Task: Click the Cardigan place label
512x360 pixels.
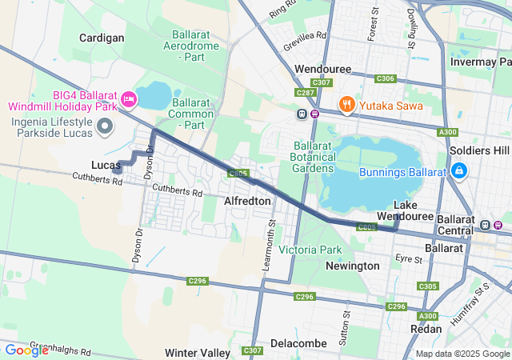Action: click(102, 38)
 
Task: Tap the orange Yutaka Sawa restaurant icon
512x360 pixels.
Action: click(346, 102)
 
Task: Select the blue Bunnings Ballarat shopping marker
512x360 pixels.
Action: click(459, 171)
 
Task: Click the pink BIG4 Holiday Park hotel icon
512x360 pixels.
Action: click(129, 99)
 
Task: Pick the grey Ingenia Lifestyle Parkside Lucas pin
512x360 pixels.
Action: click(105, 126)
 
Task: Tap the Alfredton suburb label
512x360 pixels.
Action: click(247, 201)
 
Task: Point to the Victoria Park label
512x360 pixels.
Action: click(310, 250)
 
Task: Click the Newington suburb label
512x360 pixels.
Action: click(352, 266)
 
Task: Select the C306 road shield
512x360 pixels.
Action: click(385, 78)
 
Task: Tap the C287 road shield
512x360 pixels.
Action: click(305, 94)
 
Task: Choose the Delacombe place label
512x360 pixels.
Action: click(298, 343)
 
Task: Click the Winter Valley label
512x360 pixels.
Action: click(198, 353)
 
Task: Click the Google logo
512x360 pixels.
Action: click(26, 350)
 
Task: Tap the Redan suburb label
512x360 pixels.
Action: click(426, 329)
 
